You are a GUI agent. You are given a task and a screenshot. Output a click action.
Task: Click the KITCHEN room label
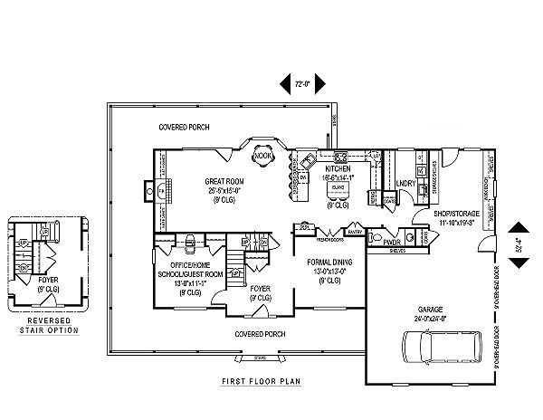(338, 168)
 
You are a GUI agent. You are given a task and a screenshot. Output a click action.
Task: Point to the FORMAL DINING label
(321, 268)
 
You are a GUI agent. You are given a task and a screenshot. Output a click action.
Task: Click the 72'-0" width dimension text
(302, 84)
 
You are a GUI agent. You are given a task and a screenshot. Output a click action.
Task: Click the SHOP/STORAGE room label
(439, 215)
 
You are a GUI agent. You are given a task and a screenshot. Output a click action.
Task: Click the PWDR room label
(393, 243)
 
